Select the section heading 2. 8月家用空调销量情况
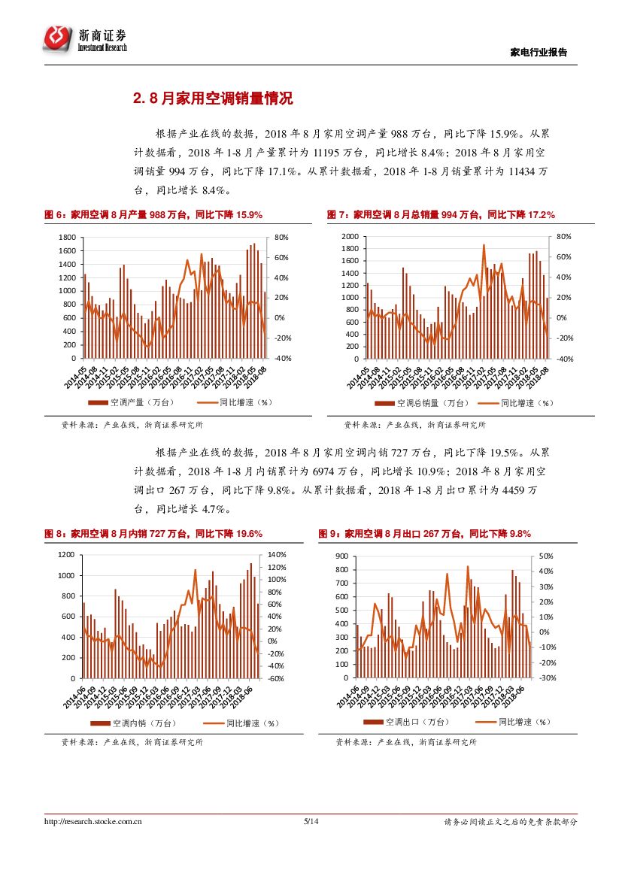212,99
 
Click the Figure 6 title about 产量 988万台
153,215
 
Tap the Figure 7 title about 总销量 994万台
441,215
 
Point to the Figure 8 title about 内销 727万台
153,534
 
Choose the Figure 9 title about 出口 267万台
425,534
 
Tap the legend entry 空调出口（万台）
405,722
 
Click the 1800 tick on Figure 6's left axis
67,237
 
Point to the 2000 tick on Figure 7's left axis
350,237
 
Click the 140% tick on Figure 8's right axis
275,555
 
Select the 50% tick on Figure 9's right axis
546,556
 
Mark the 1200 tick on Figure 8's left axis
67,555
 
